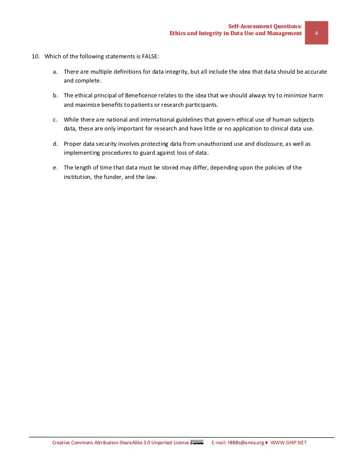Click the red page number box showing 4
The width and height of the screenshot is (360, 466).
(x=316, y=33)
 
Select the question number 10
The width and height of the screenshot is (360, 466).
(x=36, y=57)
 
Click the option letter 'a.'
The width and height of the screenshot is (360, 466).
(x=56, y=72)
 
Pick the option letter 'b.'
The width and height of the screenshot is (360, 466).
(x=56, y=96)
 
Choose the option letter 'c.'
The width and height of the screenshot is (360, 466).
(x=56, y=120)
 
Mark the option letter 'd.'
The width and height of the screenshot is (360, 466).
(x=56, y=144)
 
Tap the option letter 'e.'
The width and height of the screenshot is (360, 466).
(x=56, y=168)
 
